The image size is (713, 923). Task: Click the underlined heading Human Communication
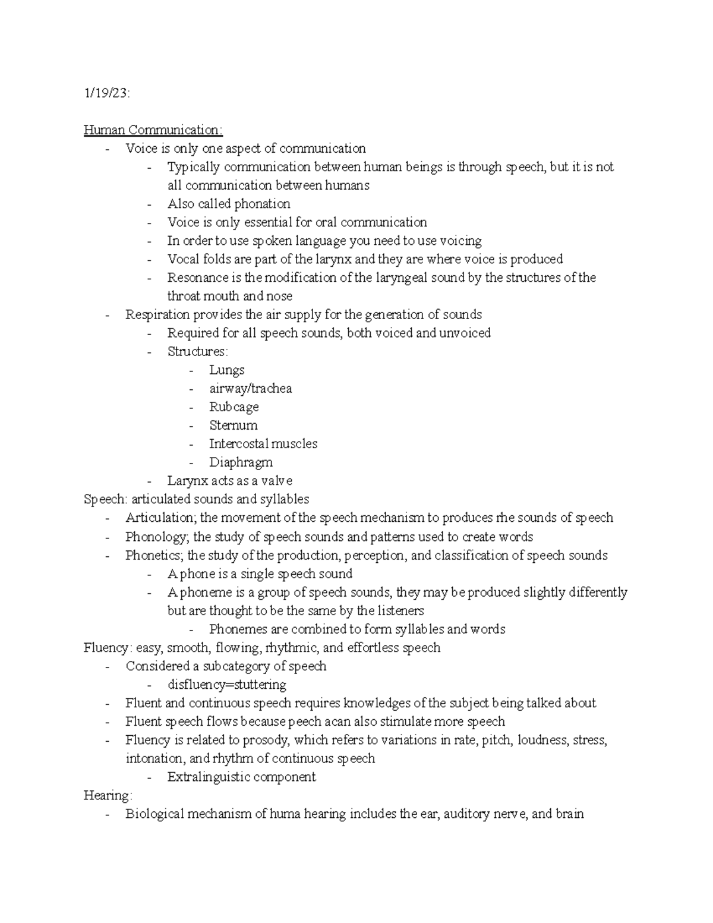[153, 130]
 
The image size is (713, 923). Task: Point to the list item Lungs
[226, 370]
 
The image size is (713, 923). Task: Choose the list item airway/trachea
[250, 388]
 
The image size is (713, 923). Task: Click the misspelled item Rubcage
[234, 407]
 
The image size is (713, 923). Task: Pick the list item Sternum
[233, 426]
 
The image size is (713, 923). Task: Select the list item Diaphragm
[241, 462]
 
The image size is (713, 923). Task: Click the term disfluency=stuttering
[226, 685]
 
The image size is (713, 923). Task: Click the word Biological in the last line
[154, 814]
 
